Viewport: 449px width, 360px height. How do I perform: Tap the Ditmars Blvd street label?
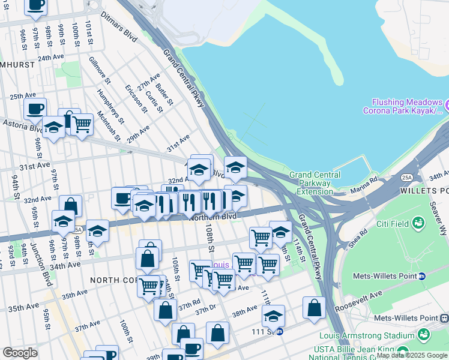tap(120, 23)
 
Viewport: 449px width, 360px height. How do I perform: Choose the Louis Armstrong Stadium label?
tap(367, 335)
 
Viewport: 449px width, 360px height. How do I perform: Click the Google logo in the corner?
tap(20, 352)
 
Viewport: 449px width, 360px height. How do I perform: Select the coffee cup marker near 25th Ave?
tap(35, 109)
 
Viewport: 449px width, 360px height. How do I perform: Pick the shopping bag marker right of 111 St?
tap(314, 308)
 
